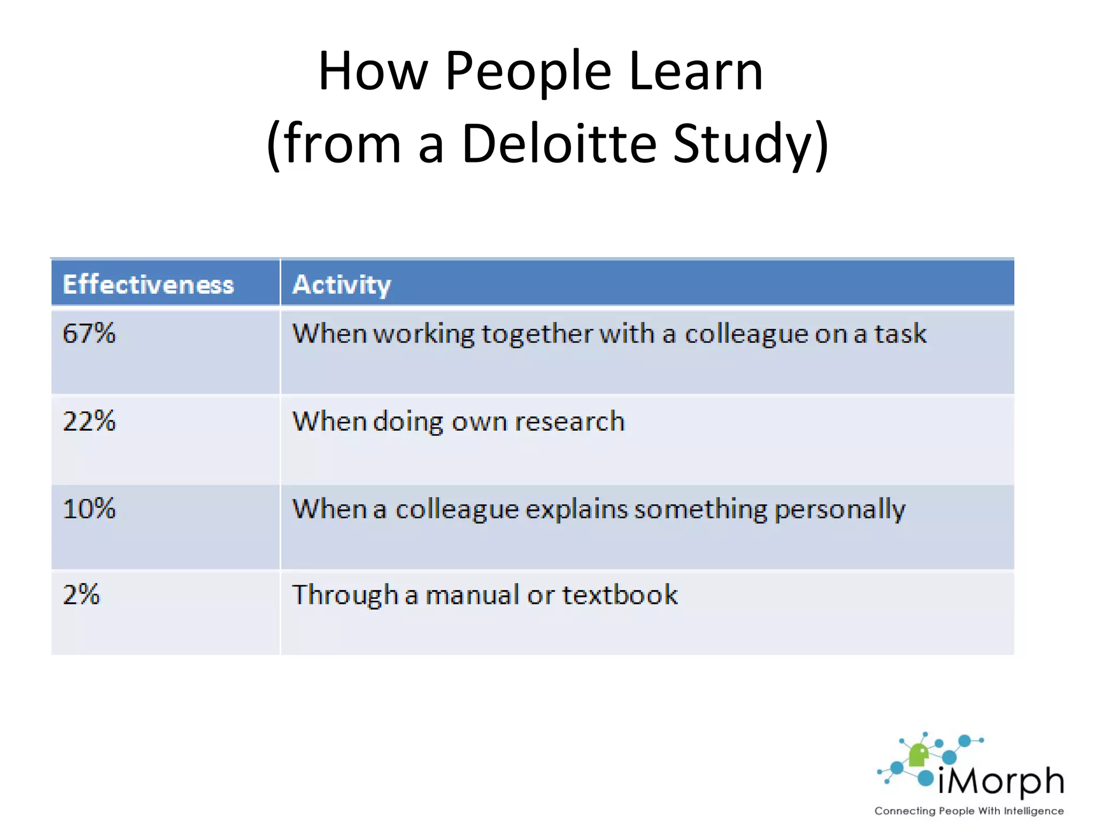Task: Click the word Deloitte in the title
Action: [x=559, y=143]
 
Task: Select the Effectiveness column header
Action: [x=148, y=284]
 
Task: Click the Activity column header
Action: [x=342, y=284]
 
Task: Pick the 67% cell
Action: [x=89, y=334]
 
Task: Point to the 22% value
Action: [x=89, y=421]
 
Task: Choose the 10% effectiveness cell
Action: [x=89, y=508]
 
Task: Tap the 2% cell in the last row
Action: [x=81, y=595]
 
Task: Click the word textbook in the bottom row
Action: [x=620, y=595]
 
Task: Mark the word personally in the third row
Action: [x=840, y=509]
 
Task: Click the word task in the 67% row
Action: [x=900, y=334]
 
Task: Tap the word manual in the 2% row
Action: [x=472, y=595]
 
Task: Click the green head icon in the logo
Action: [x=919, y=755]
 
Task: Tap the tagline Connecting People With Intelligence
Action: [x=969, y=811]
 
